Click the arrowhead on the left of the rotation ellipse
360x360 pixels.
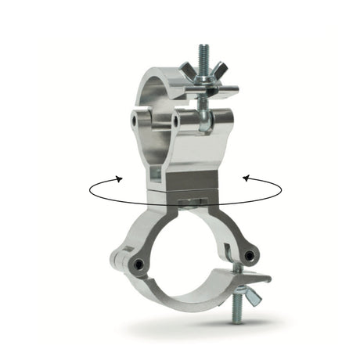(x=119, y=178)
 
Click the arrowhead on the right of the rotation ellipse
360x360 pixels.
(x=246, y=178)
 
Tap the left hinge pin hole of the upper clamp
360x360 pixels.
(x=139, y=117)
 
